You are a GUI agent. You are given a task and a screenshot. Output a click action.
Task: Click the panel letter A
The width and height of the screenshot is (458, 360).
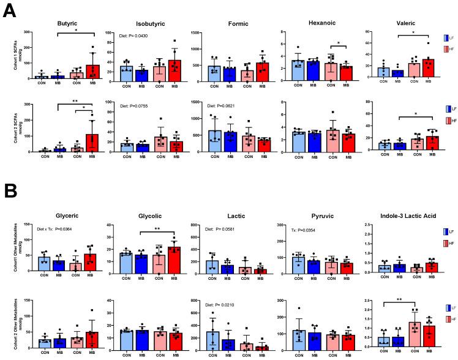[x=10, y=11]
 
